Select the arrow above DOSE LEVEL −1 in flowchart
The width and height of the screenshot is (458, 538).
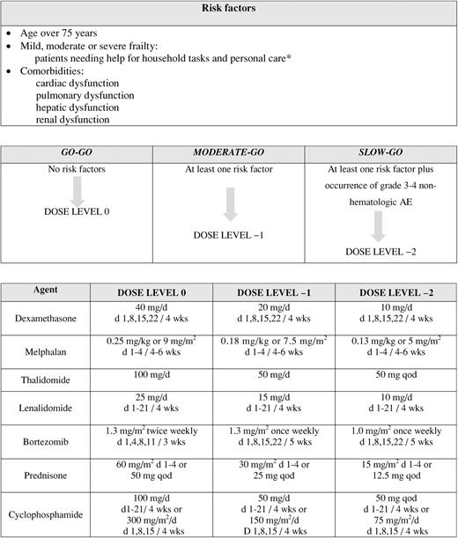tap(228, 209)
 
